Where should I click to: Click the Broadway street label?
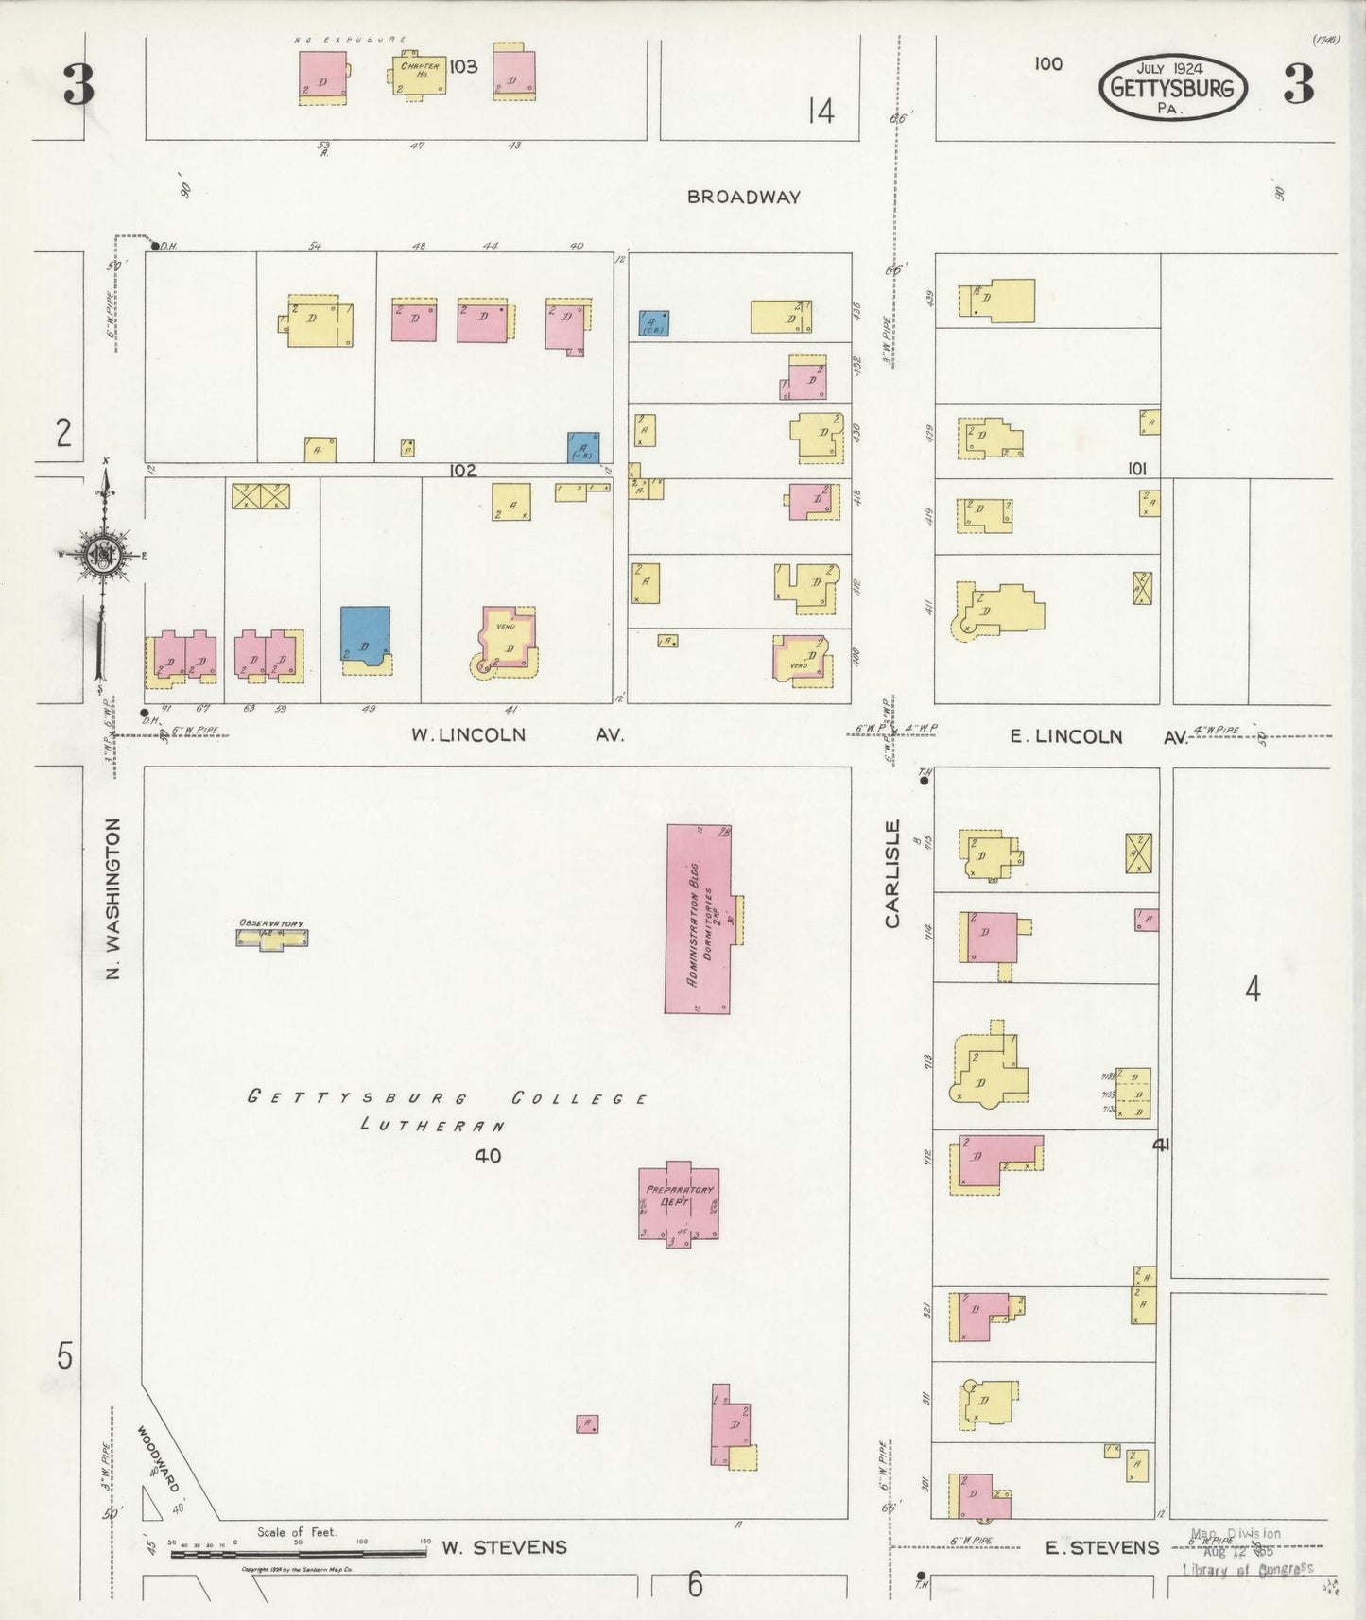pos(743,198)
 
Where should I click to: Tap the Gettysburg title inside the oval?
pos(1172,89)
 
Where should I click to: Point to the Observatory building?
pos(271,936)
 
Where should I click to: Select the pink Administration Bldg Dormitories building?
pos(699,918)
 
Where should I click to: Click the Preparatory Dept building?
pos(678,1202)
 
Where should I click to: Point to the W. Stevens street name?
pos(504,1547)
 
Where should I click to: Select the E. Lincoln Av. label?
pos(1098,736)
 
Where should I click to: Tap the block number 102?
pos(462,470)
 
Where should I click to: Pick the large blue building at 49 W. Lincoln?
pos(365,636)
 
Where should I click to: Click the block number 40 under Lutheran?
pos(489,1155)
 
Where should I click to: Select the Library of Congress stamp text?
pos(1248,1568)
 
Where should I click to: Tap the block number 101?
pos(1136,468)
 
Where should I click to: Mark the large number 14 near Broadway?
pos(821,112)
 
